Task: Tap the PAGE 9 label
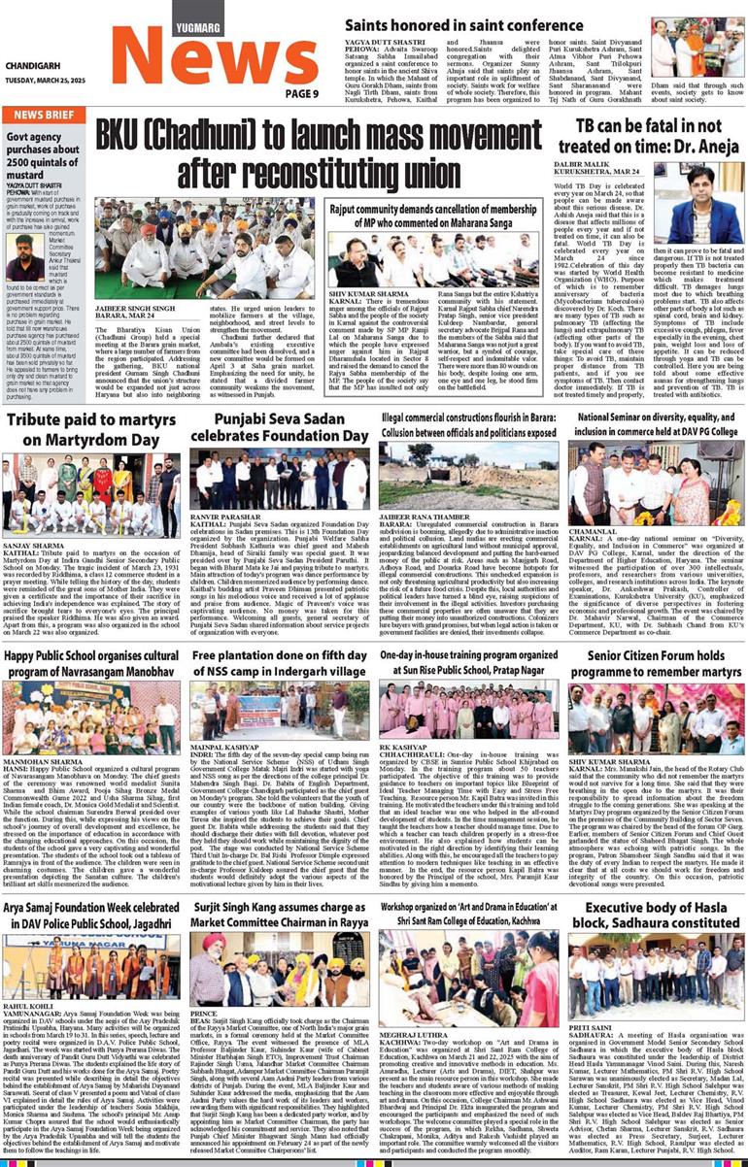[x=301, y=93]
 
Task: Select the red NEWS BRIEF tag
[x=45, y=115]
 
